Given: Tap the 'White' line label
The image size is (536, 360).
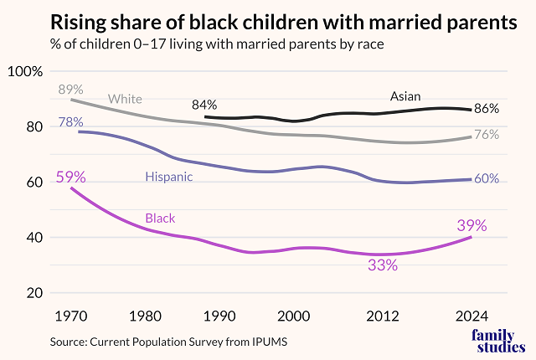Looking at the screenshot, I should pos(125,100).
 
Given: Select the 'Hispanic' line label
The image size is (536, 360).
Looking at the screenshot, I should pos(168,177).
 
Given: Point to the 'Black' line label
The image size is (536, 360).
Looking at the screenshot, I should pos(160,219).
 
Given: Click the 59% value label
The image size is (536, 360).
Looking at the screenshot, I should pos(70,177).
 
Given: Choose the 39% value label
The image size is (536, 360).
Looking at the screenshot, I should pos(472,224).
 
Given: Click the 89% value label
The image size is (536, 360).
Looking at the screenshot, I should pos(70,90).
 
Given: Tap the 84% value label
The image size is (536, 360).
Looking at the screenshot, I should pos(204,105).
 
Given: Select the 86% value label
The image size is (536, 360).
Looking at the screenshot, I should pos(487,108).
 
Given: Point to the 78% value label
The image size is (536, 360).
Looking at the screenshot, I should pos(70,122).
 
